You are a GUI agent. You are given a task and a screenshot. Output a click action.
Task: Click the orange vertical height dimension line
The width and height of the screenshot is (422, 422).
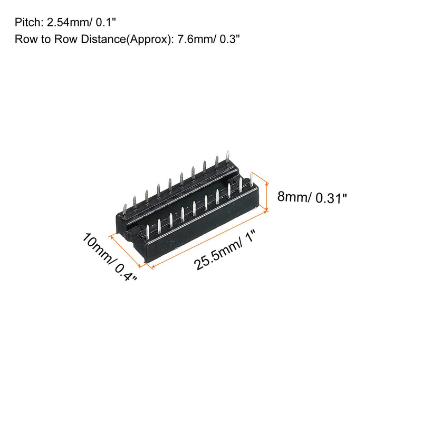[x=267, y=195]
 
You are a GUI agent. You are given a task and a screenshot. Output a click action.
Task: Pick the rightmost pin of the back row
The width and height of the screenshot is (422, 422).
[x=227, y=156]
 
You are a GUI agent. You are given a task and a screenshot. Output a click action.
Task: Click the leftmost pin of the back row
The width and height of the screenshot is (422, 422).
[x=124, y=209]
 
